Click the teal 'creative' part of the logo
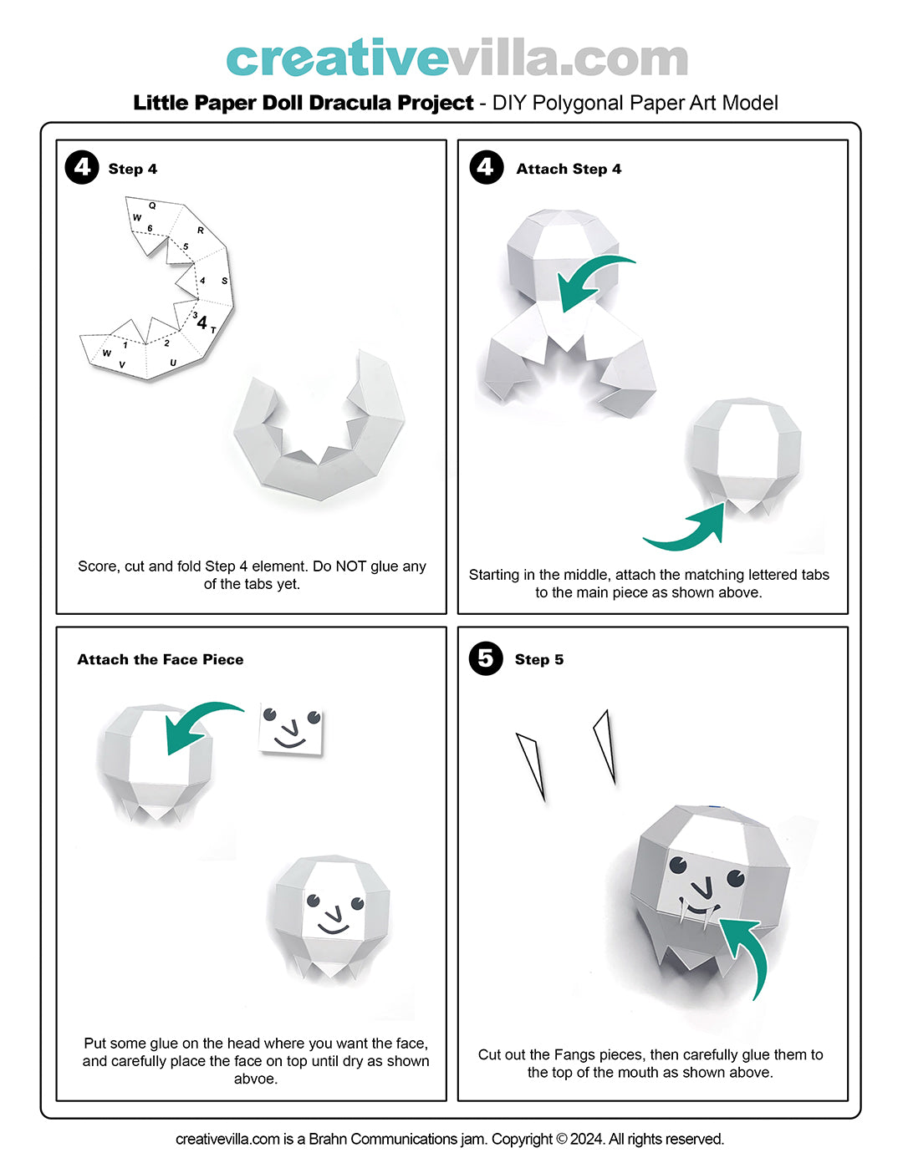(x=337, y=58)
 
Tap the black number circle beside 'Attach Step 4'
(x=486, y=167)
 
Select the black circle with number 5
(x=486, y=658)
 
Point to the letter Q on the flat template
(x=152, y=206)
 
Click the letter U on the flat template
(x=172, y=363)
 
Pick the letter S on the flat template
(x=224, y=281)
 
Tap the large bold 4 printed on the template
(x=202, y=322)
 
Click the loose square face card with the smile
(x=291, y=729)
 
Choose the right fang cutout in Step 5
(x=605, y=746)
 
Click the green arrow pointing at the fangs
(x=750, y=952)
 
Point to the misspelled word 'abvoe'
(x=256, y=1079)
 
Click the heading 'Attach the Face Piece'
(x=161, y=659)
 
